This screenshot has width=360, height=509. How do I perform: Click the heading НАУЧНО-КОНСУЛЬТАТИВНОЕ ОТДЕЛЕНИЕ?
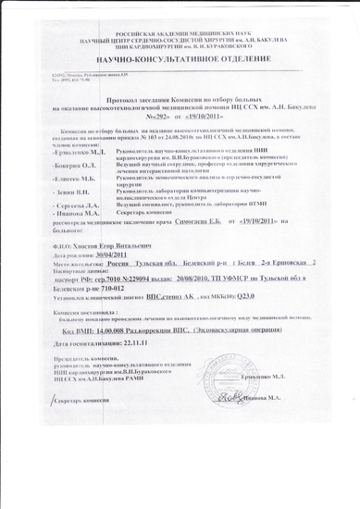[x=180, y=56]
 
